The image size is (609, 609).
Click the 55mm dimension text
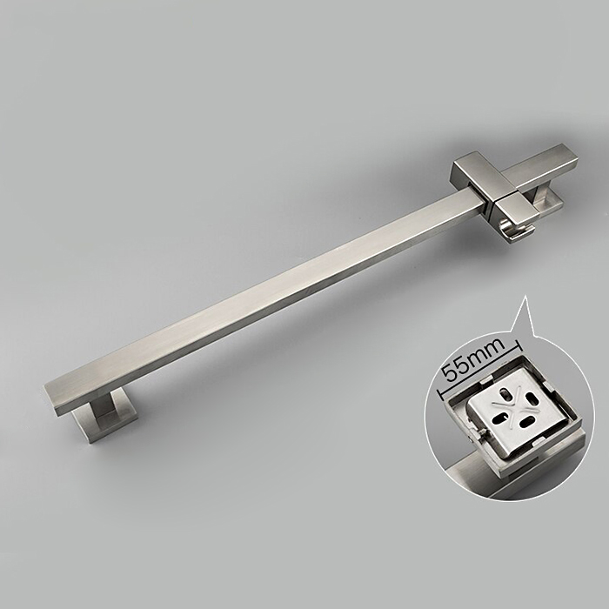475,359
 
